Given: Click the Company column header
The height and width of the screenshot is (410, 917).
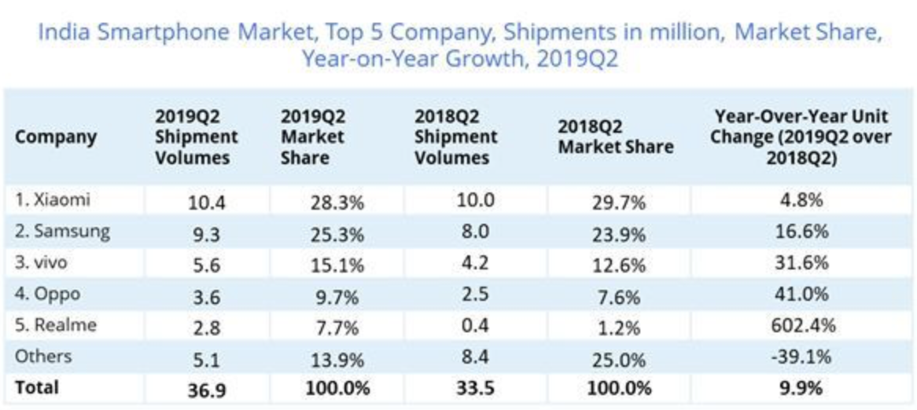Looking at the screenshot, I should [x=55, y=137].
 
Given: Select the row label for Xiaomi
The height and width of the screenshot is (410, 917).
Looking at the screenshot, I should [x=53, y=200].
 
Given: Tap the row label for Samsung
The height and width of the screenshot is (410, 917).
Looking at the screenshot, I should [x=62, y=232].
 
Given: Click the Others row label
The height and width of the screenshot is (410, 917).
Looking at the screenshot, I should [x=43, y=356].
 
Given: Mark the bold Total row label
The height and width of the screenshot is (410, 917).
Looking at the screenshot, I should [x=37, y=386].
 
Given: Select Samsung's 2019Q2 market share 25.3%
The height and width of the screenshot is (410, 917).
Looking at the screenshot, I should [x=337, y=233].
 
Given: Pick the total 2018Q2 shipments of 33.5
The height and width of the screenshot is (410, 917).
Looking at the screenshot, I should [x=474, y=388].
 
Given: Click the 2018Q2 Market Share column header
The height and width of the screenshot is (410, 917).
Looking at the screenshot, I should [x=616, y=137].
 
